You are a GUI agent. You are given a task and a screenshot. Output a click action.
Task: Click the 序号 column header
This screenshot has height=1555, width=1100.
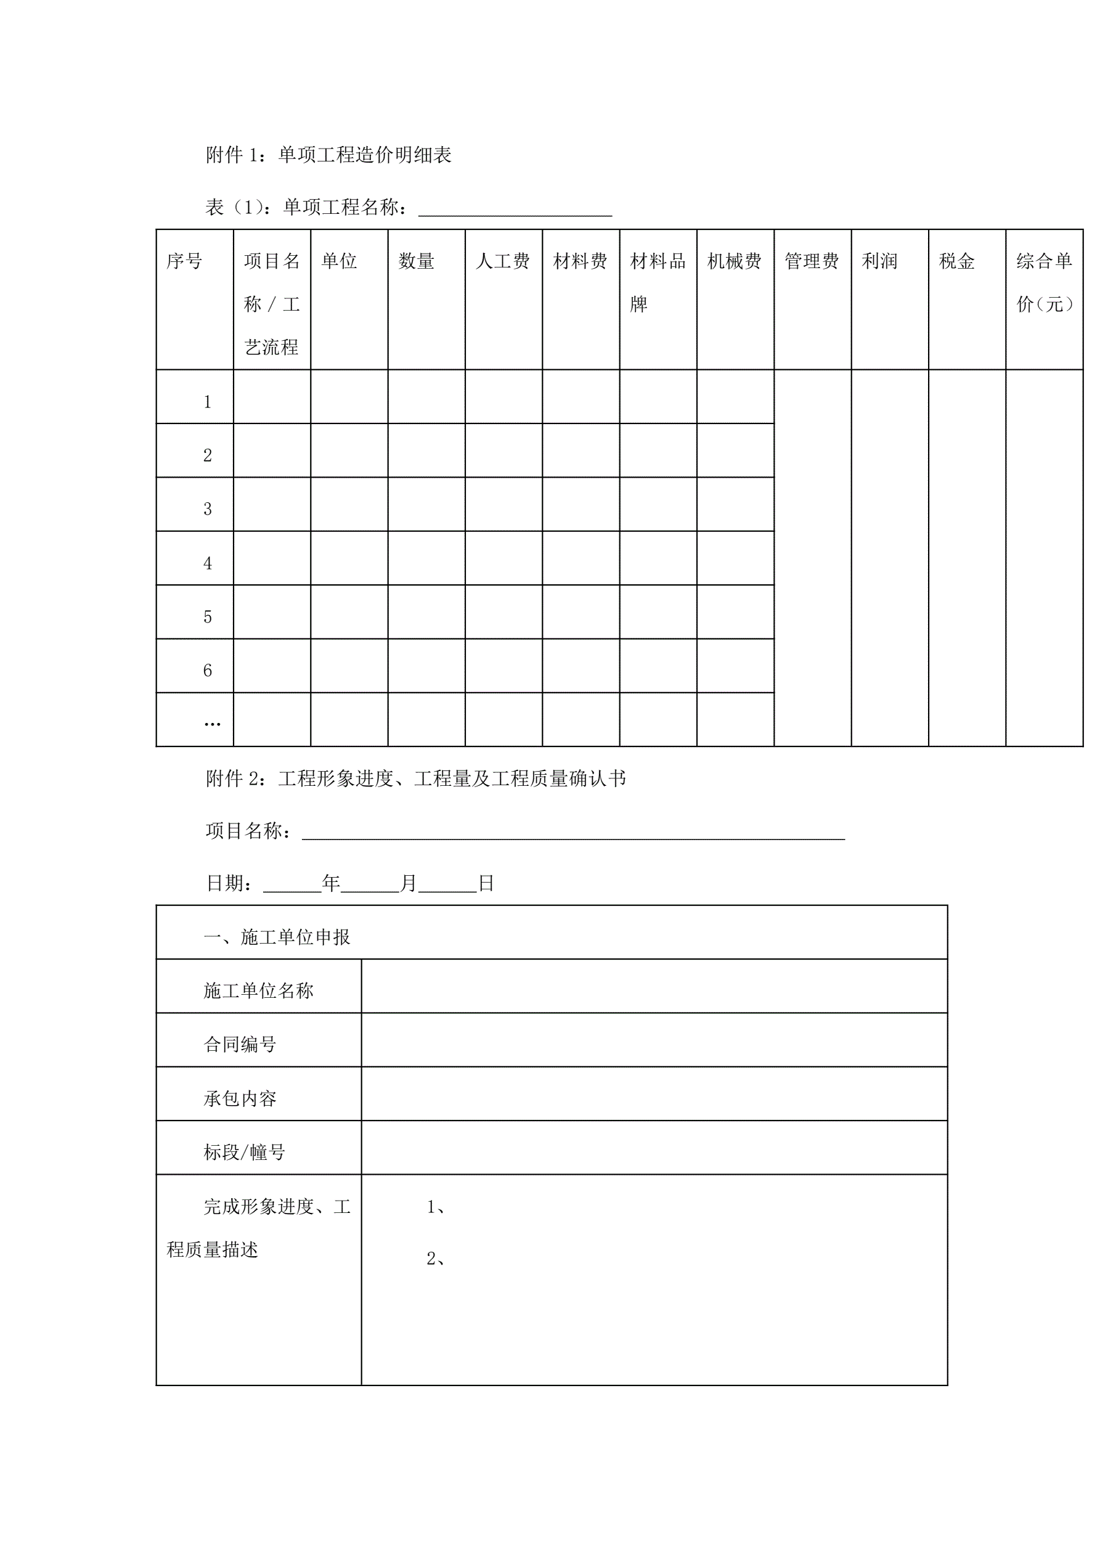pos(184,261)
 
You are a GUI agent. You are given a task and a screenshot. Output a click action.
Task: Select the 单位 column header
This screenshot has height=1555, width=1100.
pos(339,261)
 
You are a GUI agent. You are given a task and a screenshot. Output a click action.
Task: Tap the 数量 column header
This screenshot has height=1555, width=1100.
pos(416,261)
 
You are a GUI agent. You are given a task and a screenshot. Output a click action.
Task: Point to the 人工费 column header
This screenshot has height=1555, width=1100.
pos(503,261)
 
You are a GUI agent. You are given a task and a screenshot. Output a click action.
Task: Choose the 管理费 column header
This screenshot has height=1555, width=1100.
pos(812,261)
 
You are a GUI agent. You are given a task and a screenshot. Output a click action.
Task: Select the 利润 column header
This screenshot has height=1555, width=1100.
pos(879,261)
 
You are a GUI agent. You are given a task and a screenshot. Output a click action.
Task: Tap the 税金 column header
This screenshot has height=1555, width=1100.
pos(956,261)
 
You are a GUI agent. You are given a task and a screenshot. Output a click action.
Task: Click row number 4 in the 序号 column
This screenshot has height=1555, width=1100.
pos(207,563)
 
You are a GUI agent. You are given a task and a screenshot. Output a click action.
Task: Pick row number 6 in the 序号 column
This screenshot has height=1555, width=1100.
pos(207,671)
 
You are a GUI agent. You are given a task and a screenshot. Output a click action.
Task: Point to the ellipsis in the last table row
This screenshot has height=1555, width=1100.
pos(212,724)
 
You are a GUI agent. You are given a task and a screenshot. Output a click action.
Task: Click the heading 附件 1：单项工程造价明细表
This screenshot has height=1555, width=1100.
pos(328,155)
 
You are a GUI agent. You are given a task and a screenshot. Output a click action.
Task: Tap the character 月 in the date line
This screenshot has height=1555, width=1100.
pos(409,883)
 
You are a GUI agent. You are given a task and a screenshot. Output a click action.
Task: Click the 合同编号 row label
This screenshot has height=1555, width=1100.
pos(240,1044)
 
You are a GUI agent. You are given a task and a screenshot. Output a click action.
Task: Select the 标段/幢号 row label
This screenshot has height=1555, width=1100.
pos(244,1152)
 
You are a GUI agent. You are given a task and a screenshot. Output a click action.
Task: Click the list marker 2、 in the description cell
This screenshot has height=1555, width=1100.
pos(436,1259)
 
